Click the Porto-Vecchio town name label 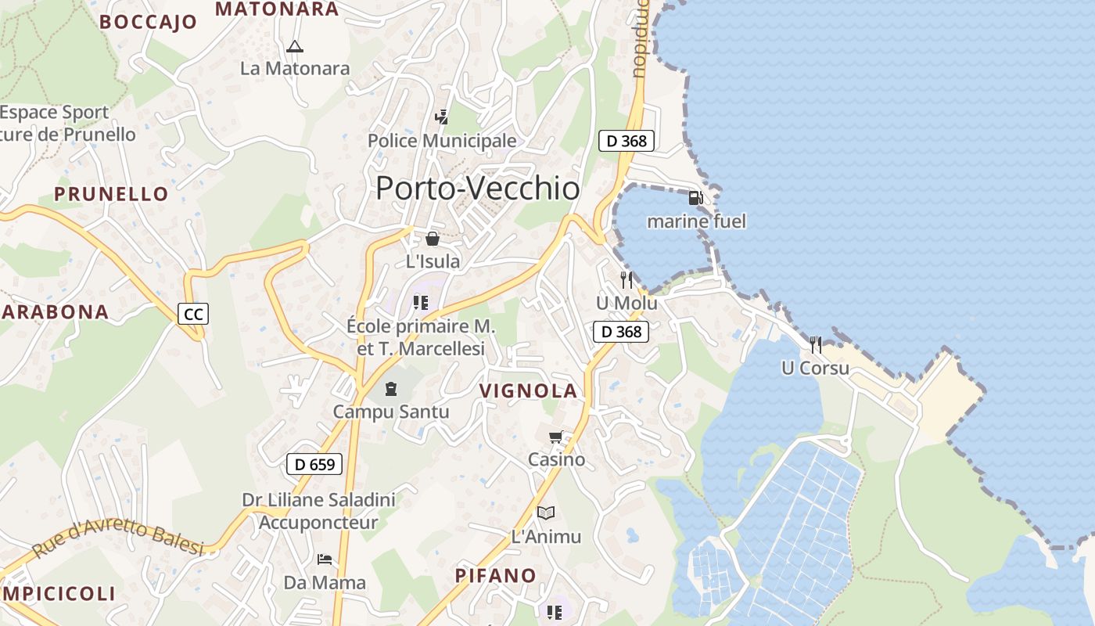pyautogui.click(x=478, y=189)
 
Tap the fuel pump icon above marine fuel pyautogui.click(x=695, y=198)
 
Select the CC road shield pyautogui.click(x=192, y=315)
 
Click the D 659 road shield pyautogui.click(x=314, y=464)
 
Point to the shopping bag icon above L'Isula pyautogui.click(x=433, y=239)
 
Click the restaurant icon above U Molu pyautogui.click(x=626, y=279)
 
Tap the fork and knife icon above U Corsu pyautogui.click(x=816, y=344)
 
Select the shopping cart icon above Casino pyautogui.click(x=556, y=437)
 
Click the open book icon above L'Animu pyautogui.click(x=546, y=513)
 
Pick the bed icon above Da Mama pyautogui.click(x=325, y=559)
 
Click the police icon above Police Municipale pyautogui.click(x=442, y=117)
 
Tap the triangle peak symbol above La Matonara pyautogui.click(x=294, y=46)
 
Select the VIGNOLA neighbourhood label pyautogui.click(x=528, y=391)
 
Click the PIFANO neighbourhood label pyautogui.click(x=496, y=576)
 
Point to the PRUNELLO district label pyautogui.click(x=111, y=194)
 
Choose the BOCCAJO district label pyautogui.click(x=149, y=22)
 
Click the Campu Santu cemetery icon pyautogui.click(x=391, y=388)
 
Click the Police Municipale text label pyautogui.click(x=442, y=141)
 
